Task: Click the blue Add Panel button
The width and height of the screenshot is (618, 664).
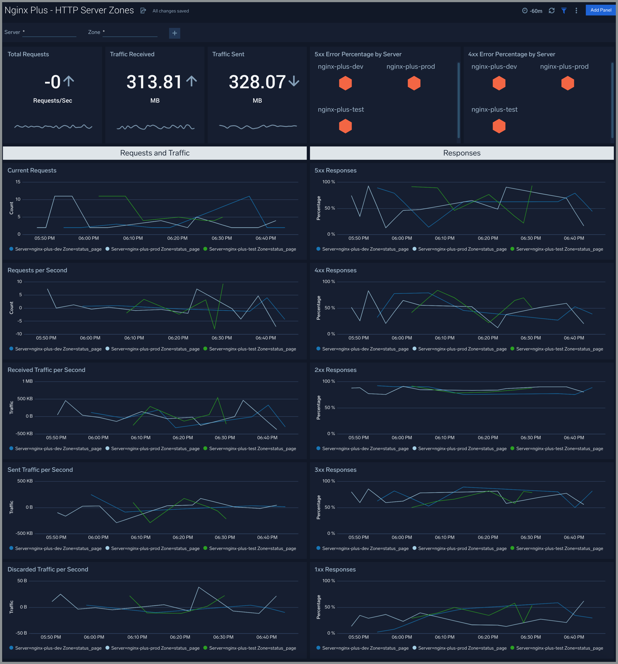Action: [600, 10]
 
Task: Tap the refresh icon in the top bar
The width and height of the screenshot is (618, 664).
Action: [552, 11]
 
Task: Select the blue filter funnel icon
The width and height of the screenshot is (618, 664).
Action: [564, 11]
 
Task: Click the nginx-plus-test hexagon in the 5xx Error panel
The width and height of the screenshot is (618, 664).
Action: [345, 126]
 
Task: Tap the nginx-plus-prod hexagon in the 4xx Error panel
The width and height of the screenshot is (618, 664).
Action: [568, 83]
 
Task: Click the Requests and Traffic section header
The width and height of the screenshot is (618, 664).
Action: [155, 153]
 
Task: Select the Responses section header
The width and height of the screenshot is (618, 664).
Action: [462, 153]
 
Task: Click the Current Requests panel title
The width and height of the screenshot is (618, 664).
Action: [32, 170]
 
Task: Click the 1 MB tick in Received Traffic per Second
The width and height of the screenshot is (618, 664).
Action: [27, 381]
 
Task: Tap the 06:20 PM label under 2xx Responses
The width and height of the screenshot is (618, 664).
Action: [488, 437]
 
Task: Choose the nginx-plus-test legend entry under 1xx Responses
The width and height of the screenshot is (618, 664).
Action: [559, 648]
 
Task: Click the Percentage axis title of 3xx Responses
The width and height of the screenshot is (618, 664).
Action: [318, 507]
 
